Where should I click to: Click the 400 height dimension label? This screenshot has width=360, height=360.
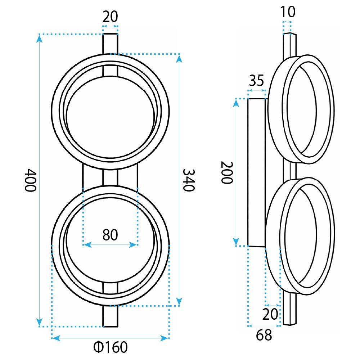pyautogui.click(x=30, y=180)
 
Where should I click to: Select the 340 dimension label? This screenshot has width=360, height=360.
pyautogui.click(x=189, y=180)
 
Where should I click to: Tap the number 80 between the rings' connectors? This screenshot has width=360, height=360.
pyautogui.click(x=110, y=235)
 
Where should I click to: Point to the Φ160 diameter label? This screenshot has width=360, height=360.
pyautogui.click(x=111, y=347)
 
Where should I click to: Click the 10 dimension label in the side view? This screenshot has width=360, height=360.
pyautogui.click(x=288, y=12)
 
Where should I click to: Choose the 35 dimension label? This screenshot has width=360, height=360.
pyautogui.click(x=256, y=80)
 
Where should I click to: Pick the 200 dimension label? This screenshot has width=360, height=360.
pyautogui.click(x=227, y=172)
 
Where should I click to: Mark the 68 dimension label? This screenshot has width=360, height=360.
pyautogui.click(x=264, y=335)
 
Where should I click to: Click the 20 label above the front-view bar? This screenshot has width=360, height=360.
pyautogui.click(x=110, y=17)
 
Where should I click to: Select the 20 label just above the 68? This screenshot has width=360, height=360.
pyautogui.click(x=270, y=314)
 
